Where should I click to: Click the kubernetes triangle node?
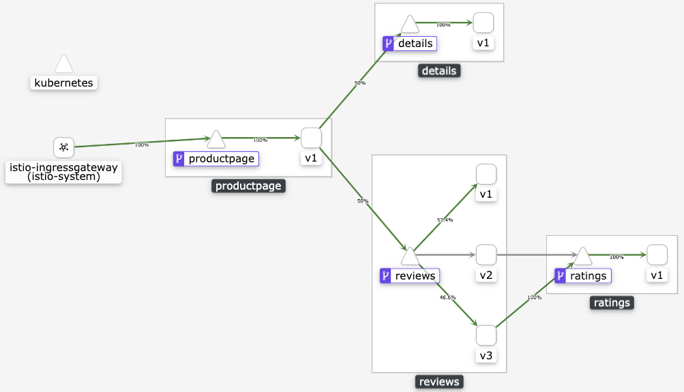(63, 65)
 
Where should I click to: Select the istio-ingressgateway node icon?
(63, 147)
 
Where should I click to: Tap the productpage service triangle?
(216, 140)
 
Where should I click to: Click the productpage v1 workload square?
(311, 138)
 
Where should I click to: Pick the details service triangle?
(410, 25)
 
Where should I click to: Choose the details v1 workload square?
(484, 22)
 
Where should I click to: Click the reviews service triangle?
(410, 256)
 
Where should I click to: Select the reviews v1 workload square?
(486, 175)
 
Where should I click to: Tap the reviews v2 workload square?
(486, 255)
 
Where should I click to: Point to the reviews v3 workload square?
(486, 335)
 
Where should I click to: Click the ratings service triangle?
(582, 256)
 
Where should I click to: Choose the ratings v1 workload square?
(657, 255)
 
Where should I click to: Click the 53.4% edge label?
(445, 220)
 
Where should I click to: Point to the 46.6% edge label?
(447, 297)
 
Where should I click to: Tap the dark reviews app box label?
(439, 382)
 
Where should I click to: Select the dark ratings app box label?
(612, 303)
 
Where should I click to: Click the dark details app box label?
(439, 71)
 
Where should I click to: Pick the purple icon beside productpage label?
(179, 159)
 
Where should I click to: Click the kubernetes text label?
(63, 83)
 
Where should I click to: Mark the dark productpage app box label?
(248, 185)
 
